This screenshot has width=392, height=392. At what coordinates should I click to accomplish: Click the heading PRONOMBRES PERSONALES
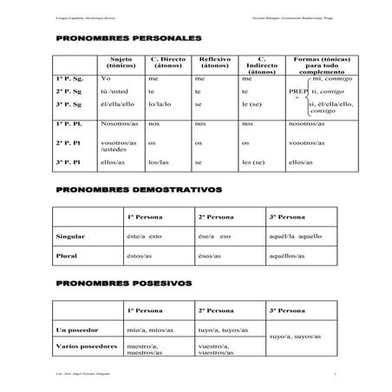point(127,39)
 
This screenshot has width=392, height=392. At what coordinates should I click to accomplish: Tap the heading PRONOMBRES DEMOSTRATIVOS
point(138,188)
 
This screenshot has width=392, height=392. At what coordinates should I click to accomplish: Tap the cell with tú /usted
point(114,91)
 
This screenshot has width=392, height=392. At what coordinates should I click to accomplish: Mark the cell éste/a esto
point(145,236)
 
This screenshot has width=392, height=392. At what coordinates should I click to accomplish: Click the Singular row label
point(69,236)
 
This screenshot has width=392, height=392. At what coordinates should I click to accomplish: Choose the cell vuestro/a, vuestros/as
point(218,350)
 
